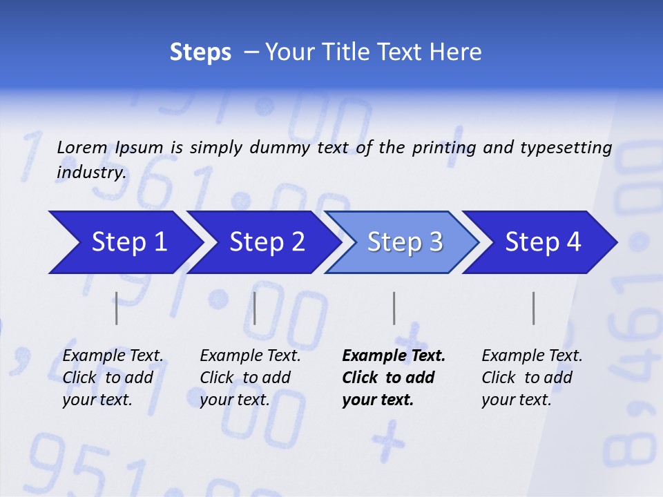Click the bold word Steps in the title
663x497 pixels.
click(200, 52)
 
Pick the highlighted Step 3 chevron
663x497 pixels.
click(405, 242)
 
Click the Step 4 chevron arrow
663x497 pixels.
click(543, 242)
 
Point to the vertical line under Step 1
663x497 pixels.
click(117, 308)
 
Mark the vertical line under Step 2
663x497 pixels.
click(255, 308)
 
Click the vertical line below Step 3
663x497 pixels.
click(394, 308)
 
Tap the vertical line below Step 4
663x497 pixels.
click(533, 308)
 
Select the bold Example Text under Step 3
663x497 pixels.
click(393, 378)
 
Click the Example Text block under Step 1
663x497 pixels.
click(113, 378)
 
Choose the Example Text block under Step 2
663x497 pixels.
click(250, 378)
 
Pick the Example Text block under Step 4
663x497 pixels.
click(532, 378)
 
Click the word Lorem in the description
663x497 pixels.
click(82, 147)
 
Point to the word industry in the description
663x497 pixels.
click(90, 173)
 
